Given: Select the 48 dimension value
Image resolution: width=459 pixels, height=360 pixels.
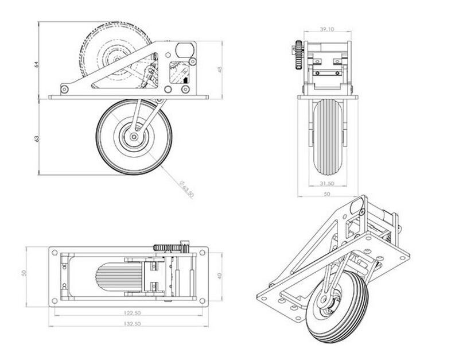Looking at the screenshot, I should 220,69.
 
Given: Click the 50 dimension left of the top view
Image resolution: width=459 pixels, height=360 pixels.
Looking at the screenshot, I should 25,273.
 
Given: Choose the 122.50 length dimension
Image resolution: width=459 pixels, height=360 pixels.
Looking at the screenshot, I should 131,314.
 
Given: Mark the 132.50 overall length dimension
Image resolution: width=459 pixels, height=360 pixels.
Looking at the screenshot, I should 131,324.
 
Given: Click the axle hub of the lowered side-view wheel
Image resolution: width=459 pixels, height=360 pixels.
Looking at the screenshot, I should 134,136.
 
